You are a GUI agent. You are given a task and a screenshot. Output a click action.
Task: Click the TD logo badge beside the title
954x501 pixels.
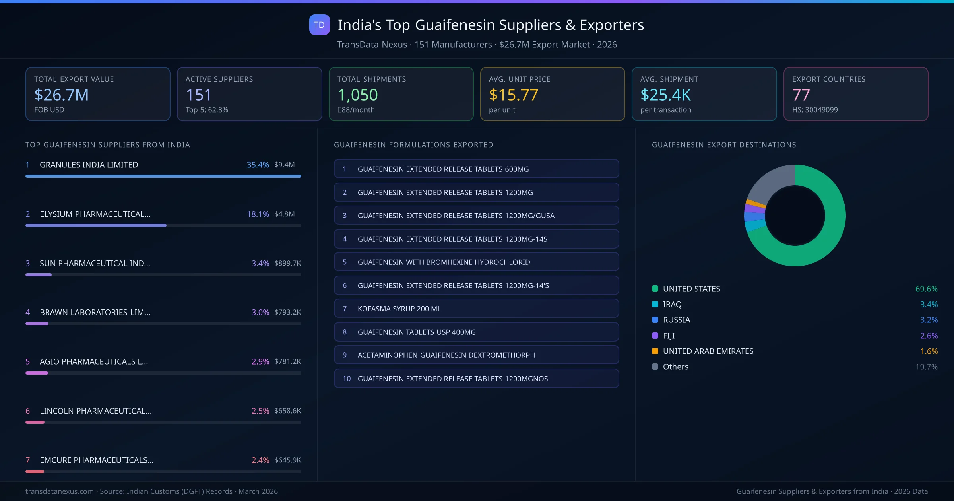[319, 25]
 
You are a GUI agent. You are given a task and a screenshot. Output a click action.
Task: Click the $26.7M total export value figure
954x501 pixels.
[61, 95]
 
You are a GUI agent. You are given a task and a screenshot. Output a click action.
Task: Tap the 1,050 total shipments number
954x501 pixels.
[357, 95]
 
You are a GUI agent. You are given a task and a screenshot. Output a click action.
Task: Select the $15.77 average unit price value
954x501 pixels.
[513, 95]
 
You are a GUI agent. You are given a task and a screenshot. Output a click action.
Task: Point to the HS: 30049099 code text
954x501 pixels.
[814, 110]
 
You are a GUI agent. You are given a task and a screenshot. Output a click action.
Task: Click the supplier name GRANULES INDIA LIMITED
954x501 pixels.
[89, 165]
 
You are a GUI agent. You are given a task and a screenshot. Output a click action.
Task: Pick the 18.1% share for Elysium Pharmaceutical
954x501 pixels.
[258, 214]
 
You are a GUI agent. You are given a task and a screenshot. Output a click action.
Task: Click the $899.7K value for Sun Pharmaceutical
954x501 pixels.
[287, 263]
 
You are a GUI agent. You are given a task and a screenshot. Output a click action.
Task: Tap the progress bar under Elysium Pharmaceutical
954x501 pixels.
[96, 225]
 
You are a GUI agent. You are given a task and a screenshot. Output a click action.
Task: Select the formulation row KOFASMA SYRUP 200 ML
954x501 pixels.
[476, 309]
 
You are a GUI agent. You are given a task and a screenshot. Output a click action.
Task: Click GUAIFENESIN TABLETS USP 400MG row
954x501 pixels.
[476, 332]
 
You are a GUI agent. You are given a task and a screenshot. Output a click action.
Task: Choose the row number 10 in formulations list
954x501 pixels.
[347, 379]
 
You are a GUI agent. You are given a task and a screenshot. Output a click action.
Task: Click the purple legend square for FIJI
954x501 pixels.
[655, 336]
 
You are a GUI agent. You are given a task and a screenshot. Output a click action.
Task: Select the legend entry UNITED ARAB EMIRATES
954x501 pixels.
[708, 351]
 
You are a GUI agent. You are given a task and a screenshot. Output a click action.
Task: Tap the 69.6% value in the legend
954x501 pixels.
[926, 289]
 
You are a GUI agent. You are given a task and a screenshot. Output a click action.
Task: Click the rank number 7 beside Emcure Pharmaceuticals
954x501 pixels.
[28, 460]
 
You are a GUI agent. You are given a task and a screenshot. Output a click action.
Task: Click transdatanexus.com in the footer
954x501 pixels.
[60, 491]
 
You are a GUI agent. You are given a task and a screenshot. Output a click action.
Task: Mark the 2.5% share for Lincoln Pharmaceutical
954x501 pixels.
[260, 411]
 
